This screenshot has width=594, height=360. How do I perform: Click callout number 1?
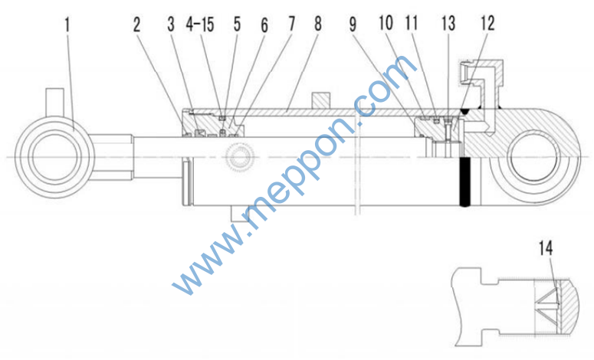click(67, 25)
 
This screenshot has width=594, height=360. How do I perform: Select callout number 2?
click(136, 25)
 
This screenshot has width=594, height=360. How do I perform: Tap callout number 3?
click(171, 25)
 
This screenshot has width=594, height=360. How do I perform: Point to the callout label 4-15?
click(200, 25)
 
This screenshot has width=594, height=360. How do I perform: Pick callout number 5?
click(237, 25)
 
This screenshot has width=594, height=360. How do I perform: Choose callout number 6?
click(264, 25)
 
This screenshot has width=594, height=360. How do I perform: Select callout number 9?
click(353, 25)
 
